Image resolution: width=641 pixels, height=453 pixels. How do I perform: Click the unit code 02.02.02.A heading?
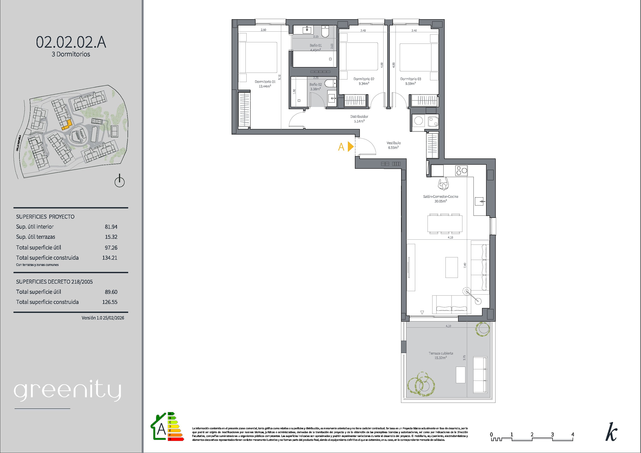click(71, 42)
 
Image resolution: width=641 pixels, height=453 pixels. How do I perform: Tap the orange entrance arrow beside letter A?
click(351, 147)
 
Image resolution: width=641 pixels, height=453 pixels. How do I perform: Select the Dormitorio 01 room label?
click(265, 82)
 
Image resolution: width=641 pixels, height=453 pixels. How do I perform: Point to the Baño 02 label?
click(315, 85)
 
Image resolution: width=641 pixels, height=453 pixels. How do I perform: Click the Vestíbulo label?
click(394, 143)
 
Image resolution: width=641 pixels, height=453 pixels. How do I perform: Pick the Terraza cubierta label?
click(441, 353)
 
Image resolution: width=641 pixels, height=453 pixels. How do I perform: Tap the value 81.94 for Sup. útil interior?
click(111, 227)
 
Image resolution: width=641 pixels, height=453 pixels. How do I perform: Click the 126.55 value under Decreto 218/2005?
click(110, 302)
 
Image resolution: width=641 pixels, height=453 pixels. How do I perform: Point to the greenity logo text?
click(68, 391)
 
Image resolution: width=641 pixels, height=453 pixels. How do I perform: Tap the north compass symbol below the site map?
click(119, 181)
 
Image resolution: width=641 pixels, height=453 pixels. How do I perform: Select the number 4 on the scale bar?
click(573, 434)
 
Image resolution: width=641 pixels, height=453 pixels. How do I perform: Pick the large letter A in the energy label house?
click(161, 430)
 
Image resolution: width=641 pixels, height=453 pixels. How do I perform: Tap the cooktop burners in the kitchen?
click(462, 170)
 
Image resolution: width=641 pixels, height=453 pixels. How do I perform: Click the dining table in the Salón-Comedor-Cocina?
click(444, 224)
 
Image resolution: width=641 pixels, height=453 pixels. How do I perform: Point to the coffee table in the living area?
click(451, 267)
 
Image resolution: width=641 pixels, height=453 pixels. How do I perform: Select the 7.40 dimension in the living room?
click(465, 265)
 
